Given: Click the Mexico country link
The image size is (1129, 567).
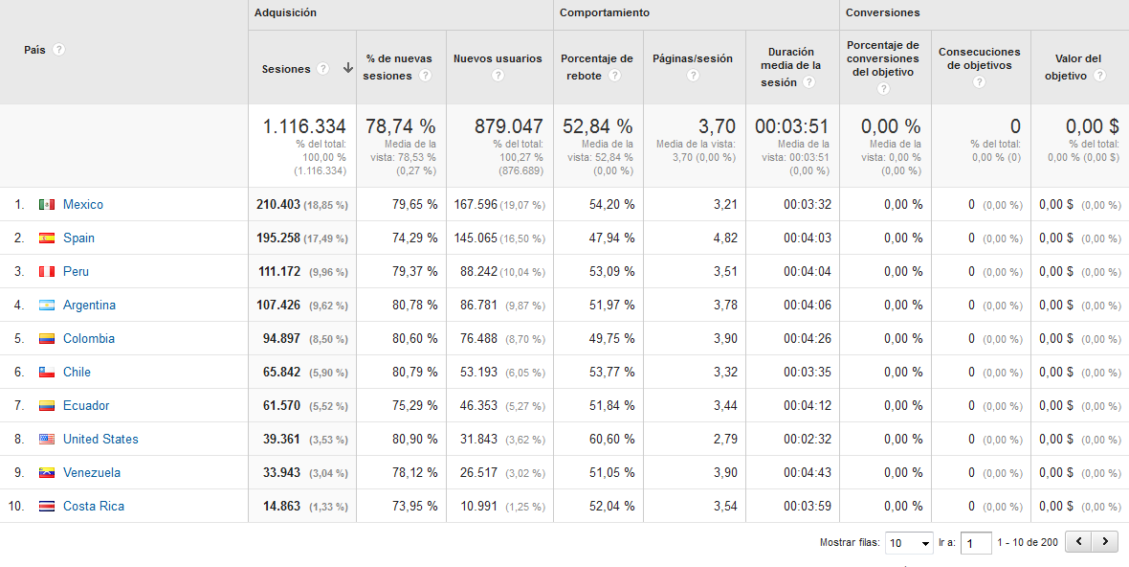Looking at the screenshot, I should click(x=82, y=204).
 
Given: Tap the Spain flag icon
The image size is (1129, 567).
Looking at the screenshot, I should click(x=47, y=238).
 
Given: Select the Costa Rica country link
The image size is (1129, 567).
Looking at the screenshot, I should click(x=93, y=506).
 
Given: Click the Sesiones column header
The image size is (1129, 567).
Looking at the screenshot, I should click(x=286, y=69).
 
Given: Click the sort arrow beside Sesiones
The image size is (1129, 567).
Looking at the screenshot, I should click(x=347, y=68).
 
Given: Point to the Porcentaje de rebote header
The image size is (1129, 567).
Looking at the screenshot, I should click(x=596, y=66).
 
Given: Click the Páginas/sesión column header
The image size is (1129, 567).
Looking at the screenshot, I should click(x=692, y=58).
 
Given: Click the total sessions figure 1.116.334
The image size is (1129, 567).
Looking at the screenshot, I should click(x=304, y=126).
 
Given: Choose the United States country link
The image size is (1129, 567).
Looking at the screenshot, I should click(x=100, y=439).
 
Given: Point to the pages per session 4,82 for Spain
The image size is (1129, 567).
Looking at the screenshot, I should click(x=724, y=238).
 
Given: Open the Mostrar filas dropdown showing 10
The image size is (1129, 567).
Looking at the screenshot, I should click(x=909, y=543).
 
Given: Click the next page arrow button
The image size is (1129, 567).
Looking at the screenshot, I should click(x=1106, y=542).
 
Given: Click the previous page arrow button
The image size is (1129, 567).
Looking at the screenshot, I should click(x=1079, y=542).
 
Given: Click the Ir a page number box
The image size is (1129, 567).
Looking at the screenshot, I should click(x=976, y=543).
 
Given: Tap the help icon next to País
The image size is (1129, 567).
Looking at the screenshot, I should click(x=59, y=50).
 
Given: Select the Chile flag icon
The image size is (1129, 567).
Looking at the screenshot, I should click(x=47, y=372).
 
